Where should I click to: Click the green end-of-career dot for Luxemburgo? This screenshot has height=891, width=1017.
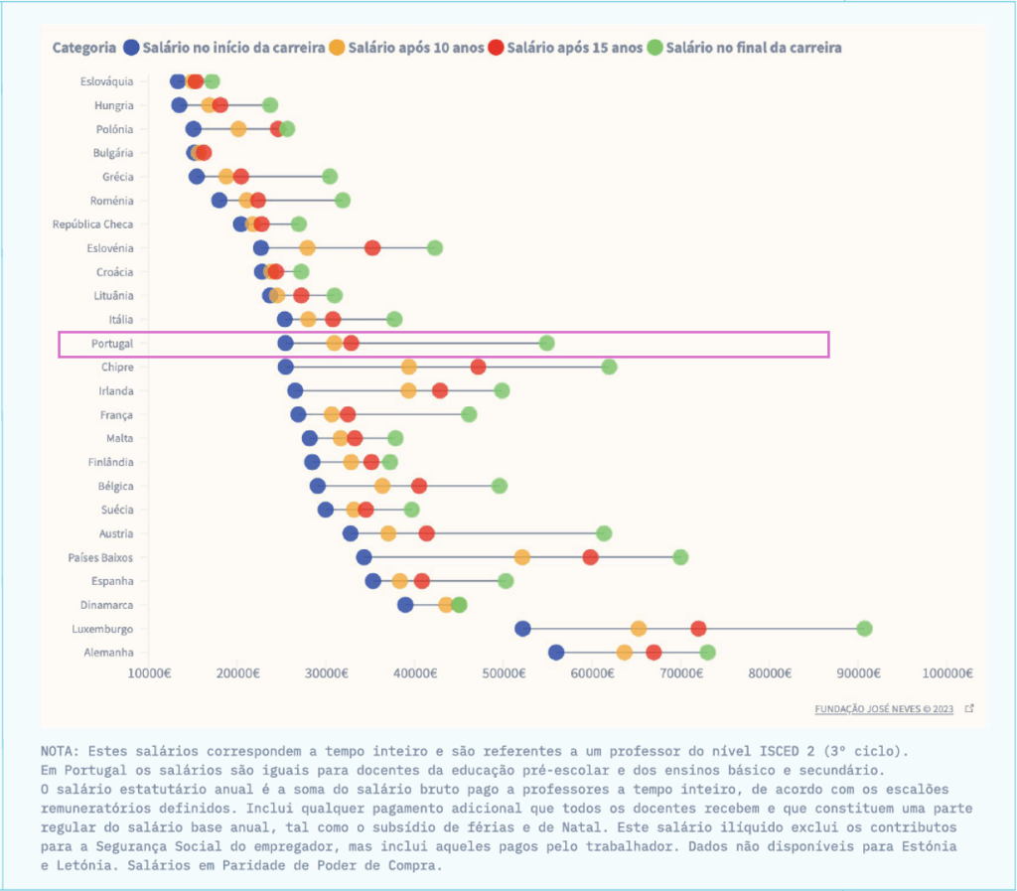[x=864, y=629]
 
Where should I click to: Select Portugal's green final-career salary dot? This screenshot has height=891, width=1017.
[x=546, y=344]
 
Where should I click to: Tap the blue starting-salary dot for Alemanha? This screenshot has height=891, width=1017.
[x=556, y=653]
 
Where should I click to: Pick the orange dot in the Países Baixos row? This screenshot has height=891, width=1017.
[x=522, y=557]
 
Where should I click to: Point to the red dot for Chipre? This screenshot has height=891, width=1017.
[x=478, y=367]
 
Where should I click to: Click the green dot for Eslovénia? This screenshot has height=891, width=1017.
[x=434, y=248]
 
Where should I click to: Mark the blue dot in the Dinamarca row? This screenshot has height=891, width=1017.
[x=405, y=605]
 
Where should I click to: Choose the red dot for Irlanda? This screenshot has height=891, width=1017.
[x=440, y=390]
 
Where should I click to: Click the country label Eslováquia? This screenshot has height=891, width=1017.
[x=106, y=81]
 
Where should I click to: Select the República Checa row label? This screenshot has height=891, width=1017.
[x=92, y=224]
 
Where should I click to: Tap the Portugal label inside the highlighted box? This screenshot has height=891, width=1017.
[x=111, y=344]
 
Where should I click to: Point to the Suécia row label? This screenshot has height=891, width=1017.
[x=117, y=510]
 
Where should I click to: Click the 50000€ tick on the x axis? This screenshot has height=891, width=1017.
[x=504, y=673]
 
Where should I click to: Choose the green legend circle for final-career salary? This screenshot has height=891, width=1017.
[x=654, y=48]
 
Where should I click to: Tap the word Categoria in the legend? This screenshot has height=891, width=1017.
[x=84, y=48]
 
